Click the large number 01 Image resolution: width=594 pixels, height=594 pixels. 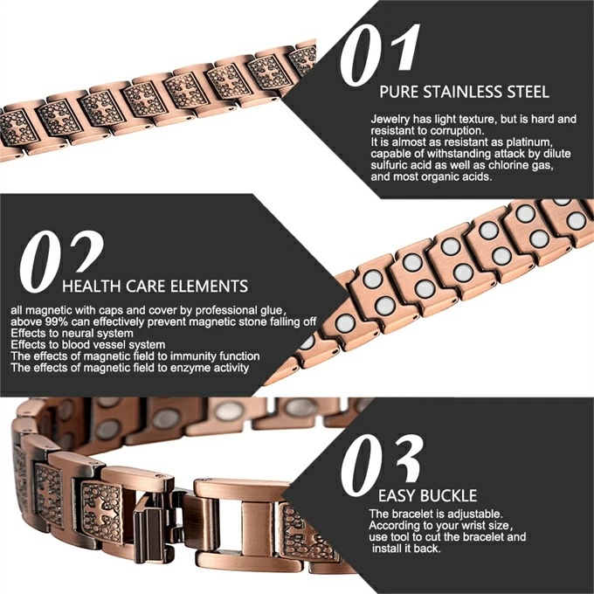tap(380, 54)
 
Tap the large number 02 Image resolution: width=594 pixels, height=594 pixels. tap(61, 261)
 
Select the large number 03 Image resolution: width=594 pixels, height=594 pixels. tap(381, 465)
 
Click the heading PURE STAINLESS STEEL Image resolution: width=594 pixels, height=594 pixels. tap(464, 92)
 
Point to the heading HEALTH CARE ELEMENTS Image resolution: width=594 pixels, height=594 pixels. tap(155, 286)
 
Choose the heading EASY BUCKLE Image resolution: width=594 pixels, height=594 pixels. tap(427, 495)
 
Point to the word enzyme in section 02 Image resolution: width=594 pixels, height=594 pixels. tap(190, 368)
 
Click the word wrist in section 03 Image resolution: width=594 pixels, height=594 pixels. tap(463, 526)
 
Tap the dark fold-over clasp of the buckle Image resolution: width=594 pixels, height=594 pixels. tap(148, 530)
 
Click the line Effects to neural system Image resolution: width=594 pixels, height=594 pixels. tap(72, 334)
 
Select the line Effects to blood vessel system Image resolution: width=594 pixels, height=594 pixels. tap(88, 345)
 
